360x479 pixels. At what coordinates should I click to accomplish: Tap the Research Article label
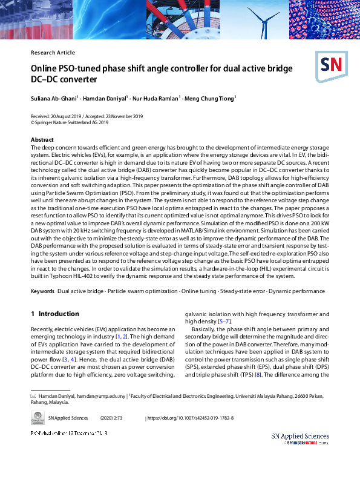pyautogui.click(x=53, y=53)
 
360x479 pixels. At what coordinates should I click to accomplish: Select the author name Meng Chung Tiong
pyautogui.click(x=211, y=98)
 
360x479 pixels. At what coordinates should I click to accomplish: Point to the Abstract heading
pyautogui.click(x=42, y=140)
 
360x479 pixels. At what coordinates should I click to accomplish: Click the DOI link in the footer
pyautogui.click(x=191, y=418)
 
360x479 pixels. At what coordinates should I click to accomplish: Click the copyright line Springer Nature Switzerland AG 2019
pyautogui.click(x=71, y=122)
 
